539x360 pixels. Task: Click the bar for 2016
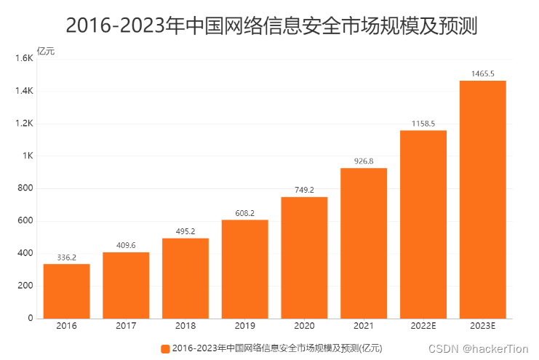click(x=66, y=291)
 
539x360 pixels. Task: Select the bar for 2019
click(x=244, y=269)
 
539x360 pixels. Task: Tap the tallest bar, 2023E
click(x=482, y=199)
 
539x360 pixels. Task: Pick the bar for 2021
click(x=364, y=243)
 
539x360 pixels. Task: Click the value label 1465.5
click(x=482, y=73)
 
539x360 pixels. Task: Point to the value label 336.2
click(x=66, y=257)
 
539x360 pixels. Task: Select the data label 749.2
click(x=304, y=190)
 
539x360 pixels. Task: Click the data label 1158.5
click(x=423, y=124)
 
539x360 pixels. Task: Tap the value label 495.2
click(x=185, y=231)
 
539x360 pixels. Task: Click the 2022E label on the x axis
click(x=423, y=326)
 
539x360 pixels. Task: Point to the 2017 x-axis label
click(x=126, y=326)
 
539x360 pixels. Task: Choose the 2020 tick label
click(x=304, y=326)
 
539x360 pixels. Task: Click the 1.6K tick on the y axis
click(x=25, y=58)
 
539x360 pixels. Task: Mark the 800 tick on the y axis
click(x=26, y=188)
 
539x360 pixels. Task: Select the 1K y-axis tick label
click(x=28, y=156)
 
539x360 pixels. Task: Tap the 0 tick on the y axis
click(x=31, y=318)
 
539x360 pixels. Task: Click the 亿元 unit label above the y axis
click(x=45, y=51)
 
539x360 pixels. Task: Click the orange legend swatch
click(x=165, y=348)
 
